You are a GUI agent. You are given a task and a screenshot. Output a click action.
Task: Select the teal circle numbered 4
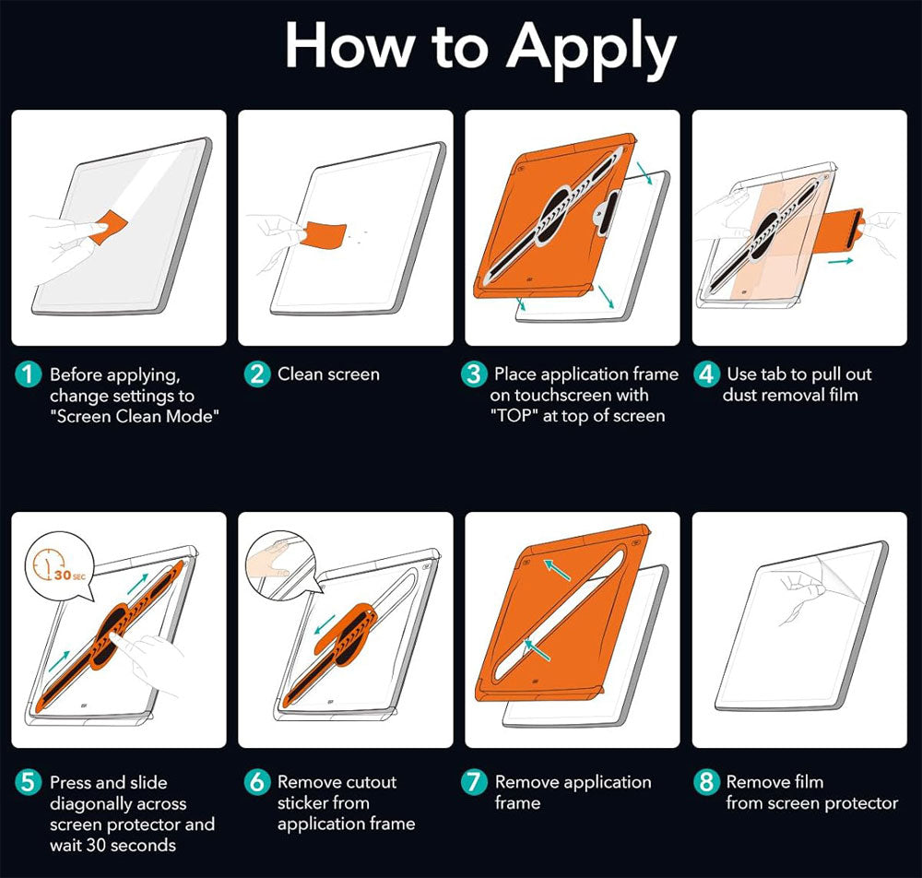706,374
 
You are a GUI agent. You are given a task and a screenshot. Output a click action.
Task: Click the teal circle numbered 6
257,782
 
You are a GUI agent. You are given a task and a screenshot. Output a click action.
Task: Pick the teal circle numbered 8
706,782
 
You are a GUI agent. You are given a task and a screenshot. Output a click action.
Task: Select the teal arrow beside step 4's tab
840,260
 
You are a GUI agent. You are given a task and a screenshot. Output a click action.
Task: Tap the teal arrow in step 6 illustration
325,624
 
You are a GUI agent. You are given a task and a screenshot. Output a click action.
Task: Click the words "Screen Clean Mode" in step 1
135,416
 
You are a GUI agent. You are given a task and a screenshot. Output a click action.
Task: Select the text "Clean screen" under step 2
329,374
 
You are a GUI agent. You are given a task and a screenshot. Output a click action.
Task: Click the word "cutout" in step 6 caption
368,782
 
